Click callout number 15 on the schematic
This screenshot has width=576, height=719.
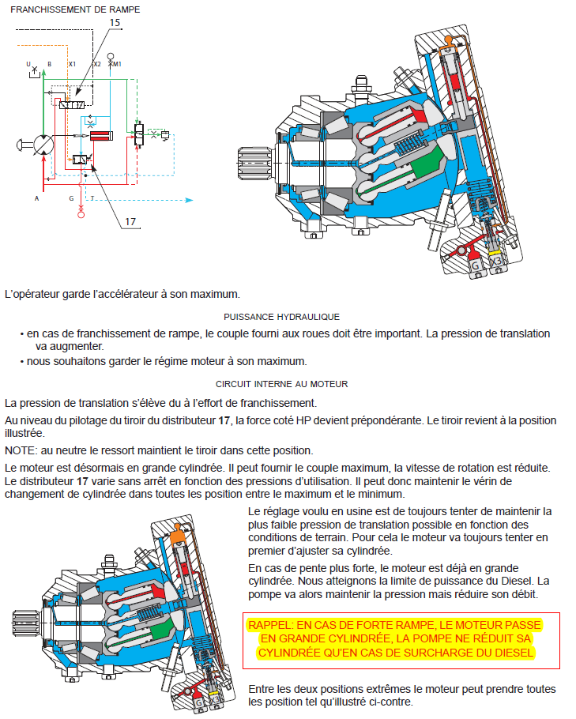[x=115, y=24]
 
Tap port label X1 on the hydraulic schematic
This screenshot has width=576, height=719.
[x=72, y=63]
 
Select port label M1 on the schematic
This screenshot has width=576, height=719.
[x=117, y=63]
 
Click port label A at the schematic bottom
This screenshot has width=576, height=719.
[x=36, y=199]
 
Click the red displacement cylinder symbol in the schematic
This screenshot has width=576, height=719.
[x=103, y=135]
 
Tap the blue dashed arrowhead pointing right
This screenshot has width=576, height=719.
[x=189, y=200]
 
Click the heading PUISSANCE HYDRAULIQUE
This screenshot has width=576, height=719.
[x=281, y=316]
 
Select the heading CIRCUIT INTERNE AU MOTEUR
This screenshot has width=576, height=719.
[x=281, y=384]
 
